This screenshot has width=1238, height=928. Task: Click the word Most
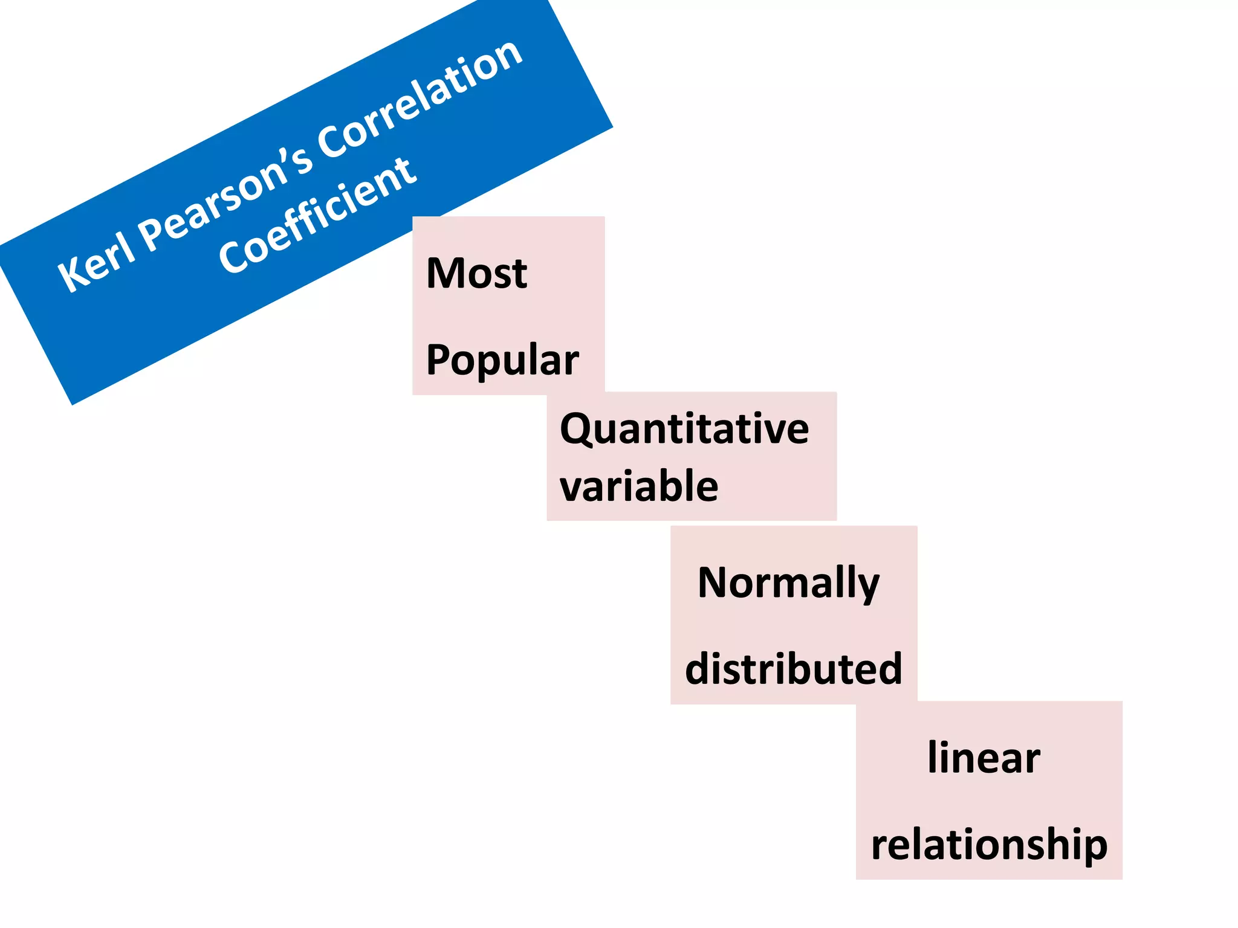476,273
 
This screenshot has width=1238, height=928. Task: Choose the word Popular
502,360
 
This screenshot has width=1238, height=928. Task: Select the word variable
639,486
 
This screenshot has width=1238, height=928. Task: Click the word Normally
788,584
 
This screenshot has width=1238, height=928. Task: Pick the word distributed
793,669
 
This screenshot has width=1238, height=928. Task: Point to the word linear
984,758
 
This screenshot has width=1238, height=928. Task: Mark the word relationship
989,845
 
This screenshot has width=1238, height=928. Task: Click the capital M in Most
444,273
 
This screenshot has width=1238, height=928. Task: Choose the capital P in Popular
439,359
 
